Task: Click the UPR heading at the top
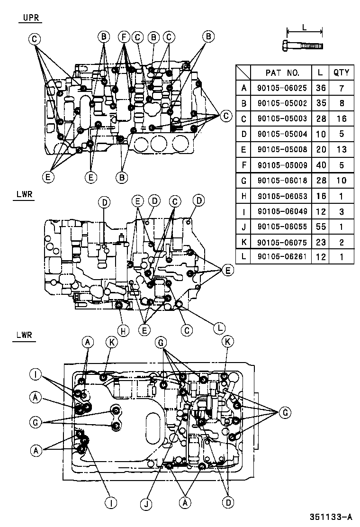tap(31, 18)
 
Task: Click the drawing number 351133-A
tap(331, 517)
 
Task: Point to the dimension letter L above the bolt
tap(304, 27)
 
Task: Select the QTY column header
tap(341, 72)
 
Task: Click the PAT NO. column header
tap(282, 73)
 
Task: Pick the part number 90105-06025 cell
tap(282, 88)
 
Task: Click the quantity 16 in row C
tap(341, 118)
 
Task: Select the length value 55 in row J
tap(321, 227)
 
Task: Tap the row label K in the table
tap(244, 242)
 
